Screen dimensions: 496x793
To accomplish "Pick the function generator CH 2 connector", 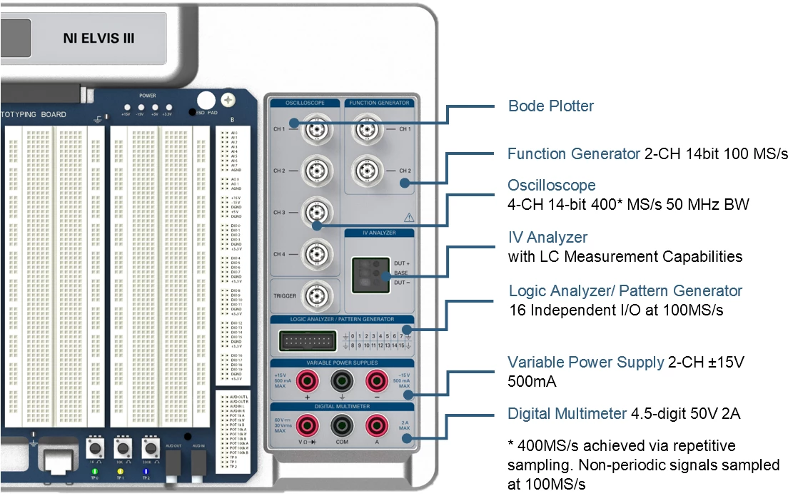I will point(368,171).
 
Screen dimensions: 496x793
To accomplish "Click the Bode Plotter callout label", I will point(550,106).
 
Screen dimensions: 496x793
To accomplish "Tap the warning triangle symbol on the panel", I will point(409,217).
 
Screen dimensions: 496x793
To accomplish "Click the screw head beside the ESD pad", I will point(229,101).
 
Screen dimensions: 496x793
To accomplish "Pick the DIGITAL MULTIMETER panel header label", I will point(341,406).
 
